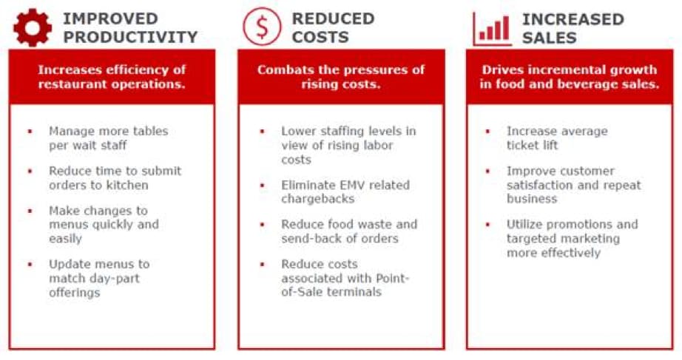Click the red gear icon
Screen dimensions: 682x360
pos(33,27)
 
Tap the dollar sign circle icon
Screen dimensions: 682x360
pos(262,27)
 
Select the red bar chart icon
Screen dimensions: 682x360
pos(493,29)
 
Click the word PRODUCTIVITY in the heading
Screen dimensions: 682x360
pos(130,37)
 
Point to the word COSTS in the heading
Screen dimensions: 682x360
pos(320,37)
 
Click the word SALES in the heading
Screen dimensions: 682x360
pos(550,38)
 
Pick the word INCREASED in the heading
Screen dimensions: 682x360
pos(573,19)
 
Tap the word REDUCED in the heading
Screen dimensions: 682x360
pos(333,18)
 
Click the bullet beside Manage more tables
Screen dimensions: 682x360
pos(30,131)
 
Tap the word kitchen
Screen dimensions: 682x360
pos(126,185)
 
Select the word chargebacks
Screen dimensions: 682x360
pos(318,199)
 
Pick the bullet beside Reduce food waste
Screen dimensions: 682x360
pos(263,225)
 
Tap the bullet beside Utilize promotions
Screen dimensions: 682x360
pos(487,225)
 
